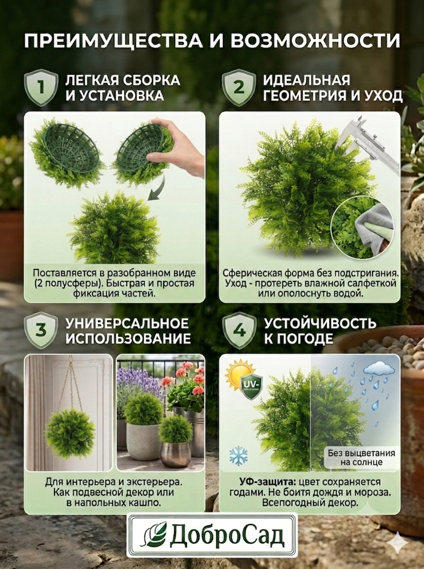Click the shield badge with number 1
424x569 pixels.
[x=41, y=87]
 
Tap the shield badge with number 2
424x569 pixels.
[x=239, y=87]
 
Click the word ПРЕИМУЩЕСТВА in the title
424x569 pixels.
[x=114, y=41]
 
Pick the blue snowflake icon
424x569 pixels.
[x=238, y=455]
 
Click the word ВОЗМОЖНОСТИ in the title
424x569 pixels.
[x=315, y=41]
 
